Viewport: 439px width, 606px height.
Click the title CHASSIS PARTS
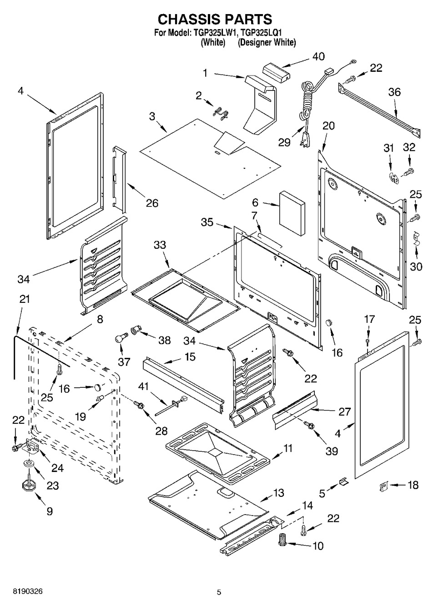[x=215, y=19]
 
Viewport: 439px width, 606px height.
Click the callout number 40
[x=318, y=56]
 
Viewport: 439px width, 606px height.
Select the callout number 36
[x=394, y=92]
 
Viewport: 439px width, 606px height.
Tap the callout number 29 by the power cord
[x=284, y=142]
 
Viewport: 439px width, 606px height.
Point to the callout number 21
[x=25, y=299]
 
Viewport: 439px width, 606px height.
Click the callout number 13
[x=278, y=492]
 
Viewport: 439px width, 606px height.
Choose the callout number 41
[x=143, y=386]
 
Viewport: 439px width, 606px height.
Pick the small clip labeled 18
[x=383, y=486]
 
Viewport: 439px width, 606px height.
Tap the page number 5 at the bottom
[x=219, y=592]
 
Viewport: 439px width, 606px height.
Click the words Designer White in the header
[x=267, y=42]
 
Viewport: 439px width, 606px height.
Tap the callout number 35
[x=207, y=222]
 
